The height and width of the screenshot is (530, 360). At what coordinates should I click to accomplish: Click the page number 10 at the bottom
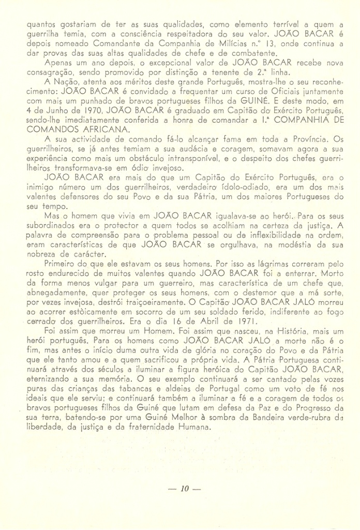point(181,489)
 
